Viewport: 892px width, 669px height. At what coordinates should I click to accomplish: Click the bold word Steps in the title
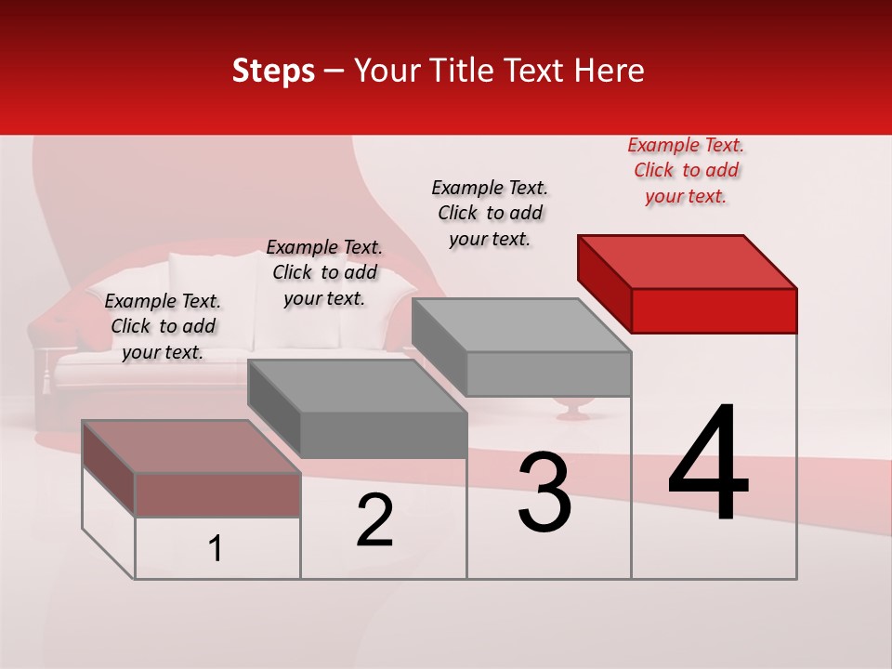273,71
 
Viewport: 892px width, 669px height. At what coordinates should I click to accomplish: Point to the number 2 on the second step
375,521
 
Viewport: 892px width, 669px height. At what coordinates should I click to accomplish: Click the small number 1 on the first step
216,549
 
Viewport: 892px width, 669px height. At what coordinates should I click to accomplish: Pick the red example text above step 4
686,171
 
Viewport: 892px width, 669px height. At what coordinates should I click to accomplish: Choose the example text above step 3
490,213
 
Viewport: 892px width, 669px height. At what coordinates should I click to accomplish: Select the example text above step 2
324,272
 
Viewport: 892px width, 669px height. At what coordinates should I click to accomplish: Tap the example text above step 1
163,326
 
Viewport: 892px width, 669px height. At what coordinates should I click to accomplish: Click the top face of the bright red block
688,261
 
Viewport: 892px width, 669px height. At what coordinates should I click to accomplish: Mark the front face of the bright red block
714,310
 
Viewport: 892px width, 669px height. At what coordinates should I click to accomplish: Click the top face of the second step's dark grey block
357,386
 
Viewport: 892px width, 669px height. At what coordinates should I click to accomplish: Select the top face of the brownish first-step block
191,446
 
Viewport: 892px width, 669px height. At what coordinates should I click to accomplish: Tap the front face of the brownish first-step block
217,494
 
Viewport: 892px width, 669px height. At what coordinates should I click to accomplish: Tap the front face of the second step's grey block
383,435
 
